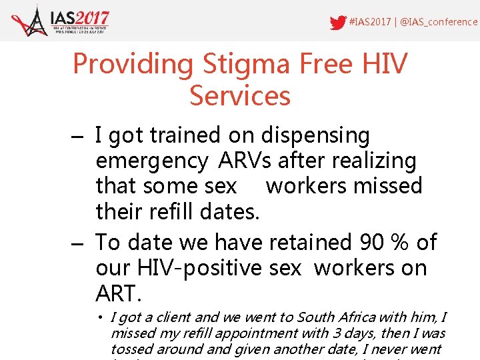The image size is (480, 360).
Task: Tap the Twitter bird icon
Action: click(x=338, y=22)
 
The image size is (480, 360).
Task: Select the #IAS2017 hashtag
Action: click(x=370, y=22)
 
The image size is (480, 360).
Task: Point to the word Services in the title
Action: click(x=240, y=96)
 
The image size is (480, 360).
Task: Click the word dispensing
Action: click(x=315, y=135)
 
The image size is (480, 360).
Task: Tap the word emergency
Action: click(x=152, y=161)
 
